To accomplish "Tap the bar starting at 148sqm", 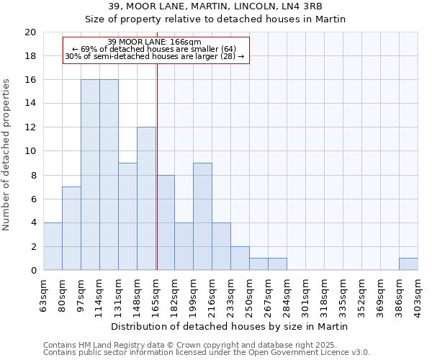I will [146, 199].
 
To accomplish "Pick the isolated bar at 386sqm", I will [408, 264].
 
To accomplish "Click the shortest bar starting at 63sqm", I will [53, 246].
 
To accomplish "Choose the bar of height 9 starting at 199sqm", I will [202, 217].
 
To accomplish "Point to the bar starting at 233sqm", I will [240, 258].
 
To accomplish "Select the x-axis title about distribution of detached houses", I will [230, 326].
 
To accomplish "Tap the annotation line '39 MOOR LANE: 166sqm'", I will [155, 42].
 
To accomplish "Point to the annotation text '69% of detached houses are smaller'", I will [155, 49].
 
